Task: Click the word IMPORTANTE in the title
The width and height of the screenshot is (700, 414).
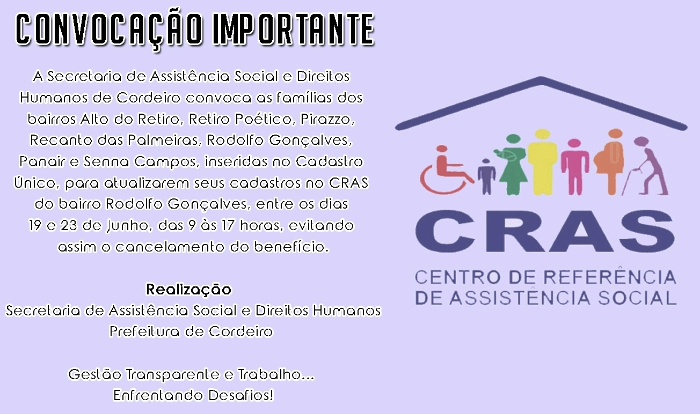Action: click(x=293, y=29)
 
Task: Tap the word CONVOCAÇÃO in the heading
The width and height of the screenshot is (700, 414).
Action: click(x=110, y=31)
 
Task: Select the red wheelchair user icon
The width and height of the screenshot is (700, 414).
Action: click(x=446, y=169)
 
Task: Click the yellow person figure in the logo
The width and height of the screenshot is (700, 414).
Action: click(x=542, y=162)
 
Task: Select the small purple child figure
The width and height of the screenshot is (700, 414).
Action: click(x=486, y=176)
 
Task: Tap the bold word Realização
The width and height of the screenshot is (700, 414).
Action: click(x=189, y=290)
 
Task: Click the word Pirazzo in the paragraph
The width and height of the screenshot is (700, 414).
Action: click(x=327, y=119)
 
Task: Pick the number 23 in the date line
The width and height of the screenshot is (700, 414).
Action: click(x=69, y=225)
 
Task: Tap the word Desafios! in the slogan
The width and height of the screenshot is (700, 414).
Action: click(x=241, y=395)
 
